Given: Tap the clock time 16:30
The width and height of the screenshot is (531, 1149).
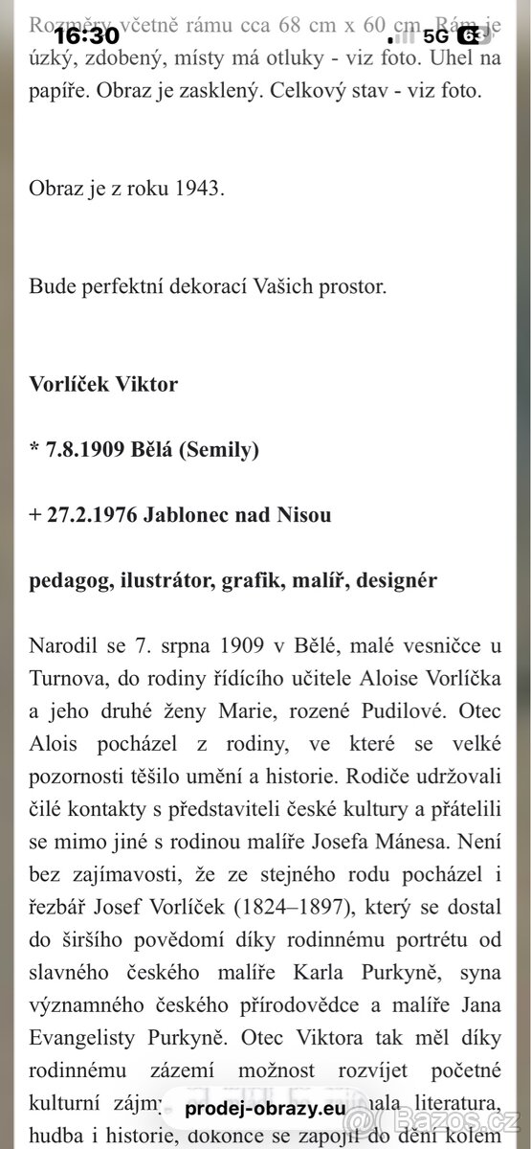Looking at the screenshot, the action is [86, 36].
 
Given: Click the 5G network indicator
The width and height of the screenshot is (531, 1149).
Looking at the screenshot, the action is [435, 36].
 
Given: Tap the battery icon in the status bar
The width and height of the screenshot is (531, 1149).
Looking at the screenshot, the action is [470, 36].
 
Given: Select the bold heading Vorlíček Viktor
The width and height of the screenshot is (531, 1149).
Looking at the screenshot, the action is [103, 385].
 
